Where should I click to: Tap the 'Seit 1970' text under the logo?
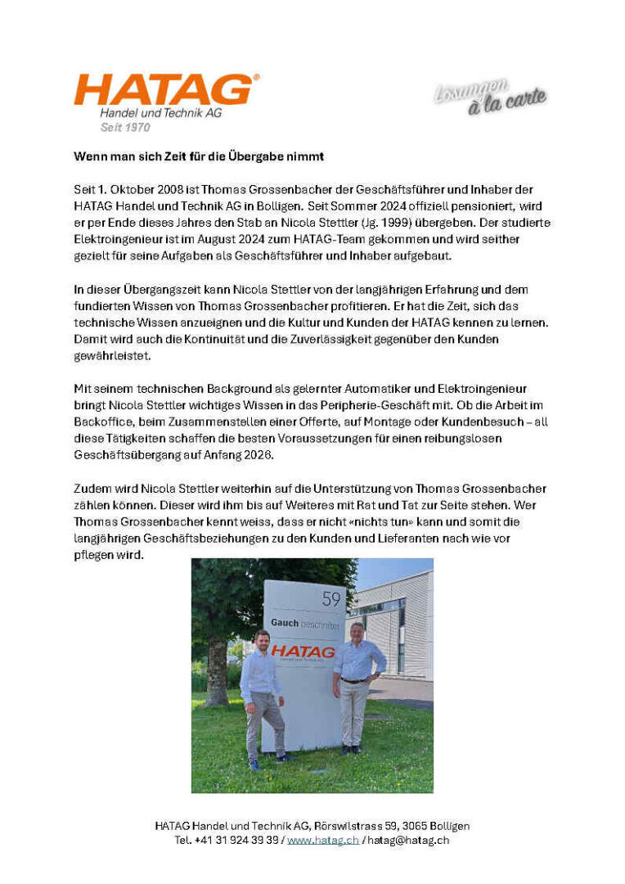[125, 128]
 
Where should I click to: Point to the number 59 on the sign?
[331, 598]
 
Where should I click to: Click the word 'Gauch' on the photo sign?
[285, 623]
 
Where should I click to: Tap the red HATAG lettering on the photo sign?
[303, 652]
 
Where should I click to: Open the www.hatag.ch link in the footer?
[322, 840]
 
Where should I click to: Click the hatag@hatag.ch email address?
[409, 840]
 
